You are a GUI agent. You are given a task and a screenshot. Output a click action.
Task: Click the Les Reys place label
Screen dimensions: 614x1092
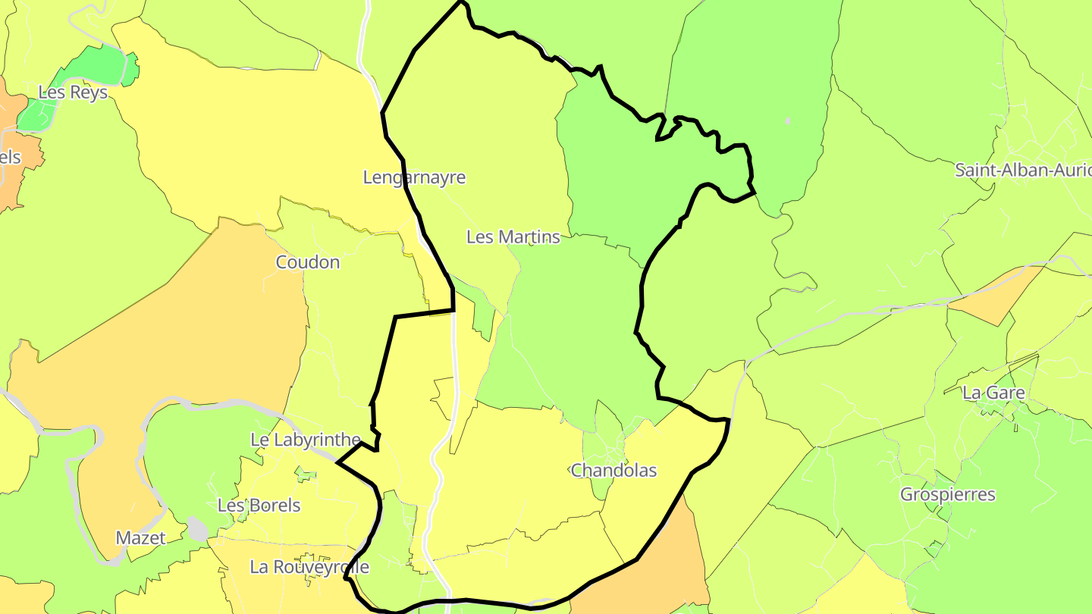(x=73, y=92)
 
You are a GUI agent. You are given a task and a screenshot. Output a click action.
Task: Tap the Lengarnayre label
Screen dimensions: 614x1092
(x=414, y=177)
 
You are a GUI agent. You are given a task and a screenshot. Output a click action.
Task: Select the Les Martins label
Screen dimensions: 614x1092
(x=513, y=237)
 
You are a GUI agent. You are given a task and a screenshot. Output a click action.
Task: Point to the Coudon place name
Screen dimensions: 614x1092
(x=308, y=262)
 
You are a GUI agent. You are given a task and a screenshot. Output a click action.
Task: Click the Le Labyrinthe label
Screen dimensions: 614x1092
(x=306, y=440)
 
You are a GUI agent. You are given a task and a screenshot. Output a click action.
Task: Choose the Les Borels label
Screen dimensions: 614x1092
(x=259, y=505)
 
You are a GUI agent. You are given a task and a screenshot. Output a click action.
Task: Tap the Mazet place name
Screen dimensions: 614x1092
(x=140, y=538)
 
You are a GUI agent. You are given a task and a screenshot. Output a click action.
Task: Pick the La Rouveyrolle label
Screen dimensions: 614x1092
(x=309, y=567)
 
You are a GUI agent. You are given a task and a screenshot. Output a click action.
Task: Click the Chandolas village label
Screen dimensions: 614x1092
(x=613, y=470)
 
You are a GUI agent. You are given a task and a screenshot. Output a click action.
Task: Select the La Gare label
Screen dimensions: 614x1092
(x=993, y=393)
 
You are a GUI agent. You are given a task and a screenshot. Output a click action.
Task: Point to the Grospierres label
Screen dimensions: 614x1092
(x=947, y=494)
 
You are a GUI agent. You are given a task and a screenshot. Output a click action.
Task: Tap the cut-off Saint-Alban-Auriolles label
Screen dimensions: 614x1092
(x=1022, y=170)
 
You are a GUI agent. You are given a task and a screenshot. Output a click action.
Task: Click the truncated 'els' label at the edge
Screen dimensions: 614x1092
(x=10, y=158)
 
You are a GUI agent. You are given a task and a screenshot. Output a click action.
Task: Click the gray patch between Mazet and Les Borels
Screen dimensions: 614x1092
(x=198, y=529)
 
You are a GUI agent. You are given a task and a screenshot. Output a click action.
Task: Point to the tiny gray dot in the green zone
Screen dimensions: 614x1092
(x=788, y=121)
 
